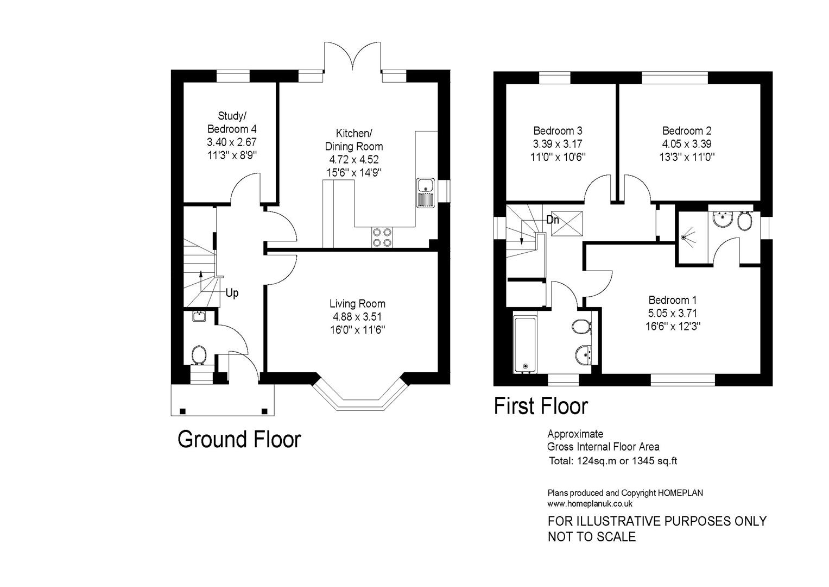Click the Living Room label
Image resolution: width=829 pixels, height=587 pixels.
(x=357, y=303)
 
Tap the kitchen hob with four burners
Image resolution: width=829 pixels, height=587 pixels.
(x=382, y=237)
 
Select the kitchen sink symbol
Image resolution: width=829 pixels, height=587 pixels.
(x=425, y=192)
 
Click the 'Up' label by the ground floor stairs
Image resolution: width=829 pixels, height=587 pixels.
(x=232, y=293)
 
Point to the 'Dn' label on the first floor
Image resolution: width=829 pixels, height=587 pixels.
(x=553, y=220)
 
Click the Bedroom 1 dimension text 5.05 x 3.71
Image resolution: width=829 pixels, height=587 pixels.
(x=672, y=313)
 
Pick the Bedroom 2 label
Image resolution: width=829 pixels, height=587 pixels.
(x=686, y=130)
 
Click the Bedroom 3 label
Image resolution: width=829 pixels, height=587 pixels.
(x=558, y=130)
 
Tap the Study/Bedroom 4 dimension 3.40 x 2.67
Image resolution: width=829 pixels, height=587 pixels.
(x=231, y=142)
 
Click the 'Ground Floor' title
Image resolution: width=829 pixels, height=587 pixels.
(x=239, y=439)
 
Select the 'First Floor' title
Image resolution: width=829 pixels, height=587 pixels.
(x=541, y=406)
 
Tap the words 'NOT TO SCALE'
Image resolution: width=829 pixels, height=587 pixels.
(x=591, y=537)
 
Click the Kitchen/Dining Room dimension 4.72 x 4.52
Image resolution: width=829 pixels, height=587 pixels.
(x=353, y=159)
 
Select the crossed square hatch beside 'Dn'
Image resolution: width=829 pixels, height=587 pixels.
(x=564, y=223)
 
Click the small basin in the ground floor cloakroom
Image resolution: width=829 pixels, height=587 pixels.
(x=199, y=316)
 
